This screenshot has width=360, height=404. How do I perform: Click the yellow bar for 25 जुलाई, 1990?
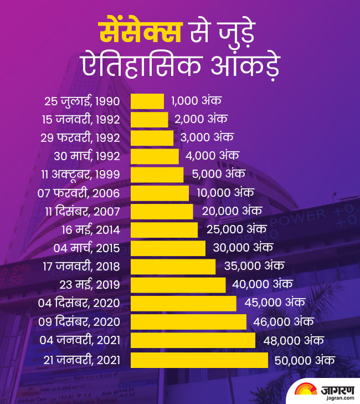coord(147,101)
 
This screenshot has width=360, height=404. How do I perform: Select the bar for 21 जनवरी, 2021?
coord(199,360)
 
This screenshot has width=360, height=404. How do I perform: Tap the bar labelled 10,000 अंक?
coord(160,193)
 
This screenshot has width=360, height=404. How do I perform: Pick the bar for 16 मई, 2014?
coord(164,229)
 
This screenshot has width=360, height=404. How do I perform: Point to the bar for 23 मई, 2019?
coord(178,285)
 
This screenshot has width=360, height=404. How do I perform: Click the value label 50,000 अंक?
coord(304,360)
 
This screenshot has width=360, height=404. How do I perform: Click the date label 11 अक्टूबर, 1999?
coord(80,175)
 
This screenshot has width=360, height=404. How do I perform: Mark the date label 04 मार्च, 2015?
coord(86,248)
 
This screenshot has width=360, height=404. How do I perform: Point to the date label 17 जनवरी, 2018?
coord(81,267)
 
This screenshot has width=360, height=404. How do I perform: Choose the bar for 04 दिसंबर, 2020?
coord(183,303)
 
